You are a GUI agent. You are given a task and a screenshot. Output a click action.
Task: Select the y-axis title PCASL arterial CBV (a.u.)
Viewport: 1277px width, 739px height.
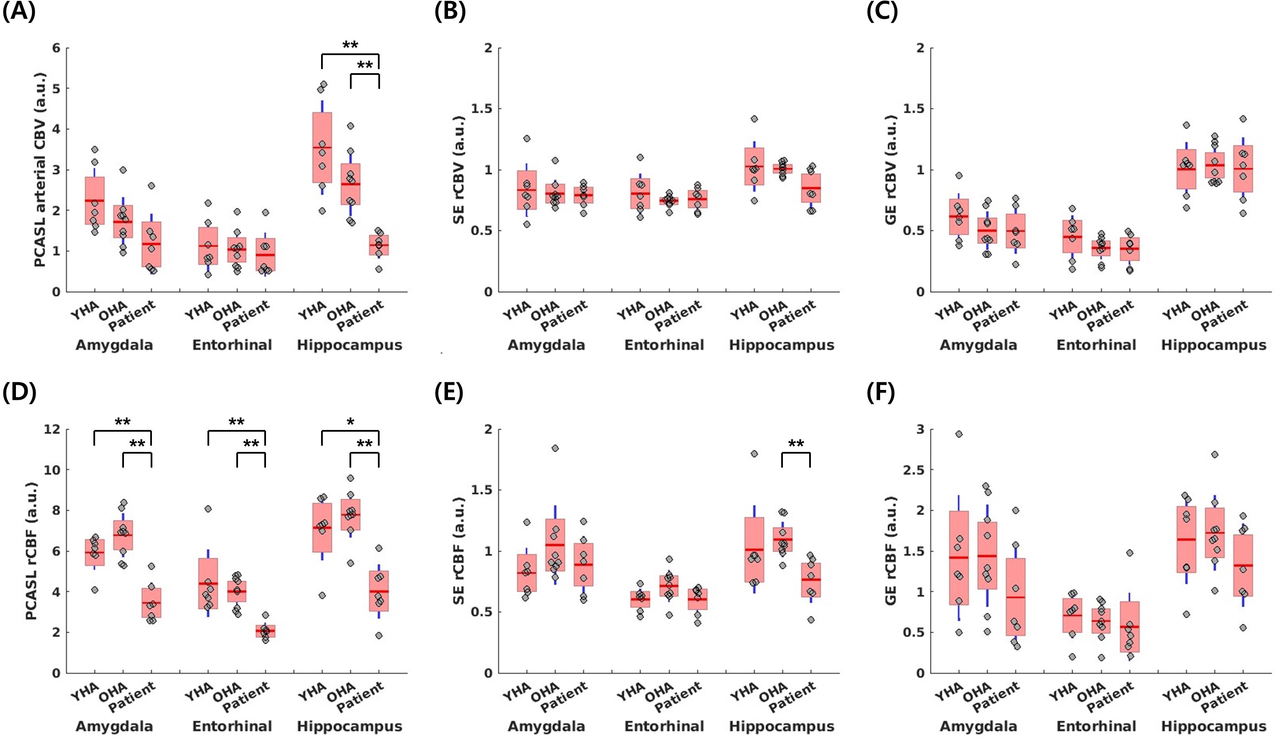pyautogui.click(x=40, y=170)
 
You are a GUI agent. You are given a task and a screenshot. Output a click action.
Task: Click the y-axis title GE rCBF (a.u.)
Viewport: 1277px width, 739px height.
pyautogui.click(x=890, y=551)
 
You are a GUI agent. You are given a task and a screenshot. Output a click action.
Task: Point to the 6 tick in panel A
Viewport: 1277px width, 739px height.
pyautogui.click(x=56, y=48)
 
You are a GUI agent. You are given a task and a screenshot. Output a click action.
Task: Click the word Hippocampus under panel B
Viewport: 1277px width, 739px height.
pyautogui.click(x=782, y=345)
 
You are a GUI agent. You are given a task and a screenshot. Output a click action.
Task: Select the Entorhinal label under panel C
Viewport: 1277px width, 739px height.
pyautogui.click(x=1096, y=345)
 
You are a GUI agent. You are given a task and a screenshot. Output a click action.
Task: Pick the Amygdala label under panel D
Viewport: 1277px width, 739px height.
pyautogui.click(x=114, y=727)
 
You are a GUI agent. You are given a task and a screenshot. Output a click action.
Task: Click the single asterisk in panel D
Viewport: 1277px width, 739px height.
pyautogui.click(x=350, y=422)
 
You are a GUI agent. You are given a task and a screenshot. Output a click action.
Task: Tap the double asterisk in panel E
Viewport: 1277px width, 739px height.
pyautogui.click(x=795, y=445)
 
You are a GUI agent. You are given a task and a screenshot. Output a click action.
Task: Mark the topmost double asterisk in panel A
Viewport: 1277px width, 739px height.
pyautogui.click(x=350, y=45)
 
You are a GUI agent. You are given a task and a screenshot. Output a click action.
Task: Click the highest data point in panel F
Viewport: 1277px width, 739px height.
pyautogui.click(x=958, y=434)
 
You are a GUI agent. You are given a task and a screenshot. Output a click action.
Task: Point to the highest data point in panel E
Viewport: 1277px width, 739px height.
pyautogui.click(x=555, y=448)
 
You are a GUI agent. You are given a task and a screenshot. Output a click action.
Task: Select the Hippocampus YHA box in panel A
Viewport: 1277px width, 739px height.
pyautogui.click(x=322, y=147)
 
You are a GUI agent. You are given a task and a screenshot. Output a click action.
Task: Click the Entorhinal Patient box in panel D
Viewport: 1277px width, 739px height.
pyautogui.click(x=265, y=631)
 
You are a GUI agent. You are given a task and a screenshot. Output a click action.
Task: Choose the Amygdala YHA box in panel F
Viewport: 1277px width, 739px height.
pyautogui.click(x=958, y=557)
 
